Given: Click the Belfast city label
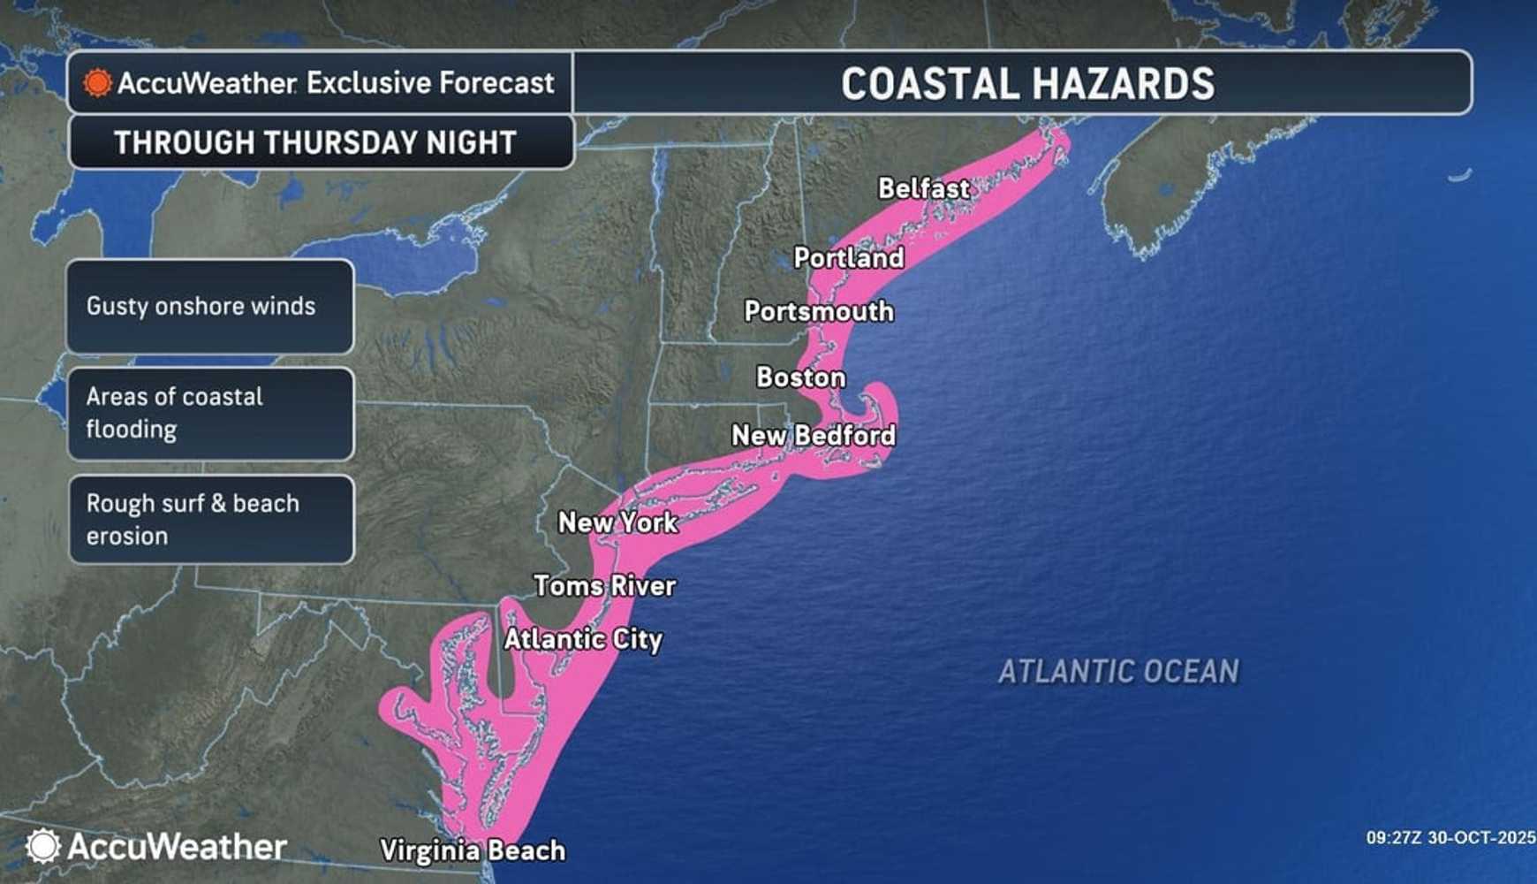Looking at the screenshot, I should (x=923, y=188).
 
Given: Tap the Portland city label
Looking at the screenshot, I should (x=848, y=258).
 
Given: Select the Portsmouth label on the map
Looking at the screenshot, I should (x=818, y=311).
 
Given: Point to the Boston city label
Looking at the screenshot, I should (x=800, y=377).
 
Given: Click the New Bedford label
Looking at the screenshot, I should (x=813, y=435).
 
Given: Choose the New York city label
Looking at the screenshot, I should (x=617, y=522).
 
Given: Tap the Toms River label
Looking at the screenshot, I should (x=604, y=585).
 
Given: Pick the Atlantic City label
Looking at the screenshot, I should (x=582, y=639).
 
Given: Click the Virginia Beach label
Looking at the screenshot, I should (x=472, y=850).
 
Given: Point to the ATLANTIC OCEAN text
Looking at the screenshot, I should (x=1118, y=672).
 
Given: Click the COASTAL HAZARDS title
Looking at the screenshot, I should (x=1026, y=84).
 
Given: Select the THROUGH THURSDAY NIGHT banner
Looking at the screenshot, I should (x=315, y=142).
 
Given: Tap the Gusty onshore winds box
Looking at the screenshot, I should (x=210, y=307).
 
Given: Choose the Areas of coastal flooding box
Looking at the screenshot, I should (x=210, y=414).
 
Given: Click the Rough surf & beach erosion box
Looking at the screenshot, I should (x=210, y=520).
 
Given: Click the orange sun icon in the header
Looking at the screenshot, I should (x=97, y=83).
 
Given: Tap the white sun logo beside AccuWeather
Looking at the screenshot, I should (x=42, y=846).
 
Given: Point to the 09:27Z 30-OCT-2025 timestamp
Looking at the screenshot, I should (x=1450, y=838).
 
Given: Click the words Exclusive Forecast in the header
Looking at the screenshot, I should (x=430, y=83).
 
